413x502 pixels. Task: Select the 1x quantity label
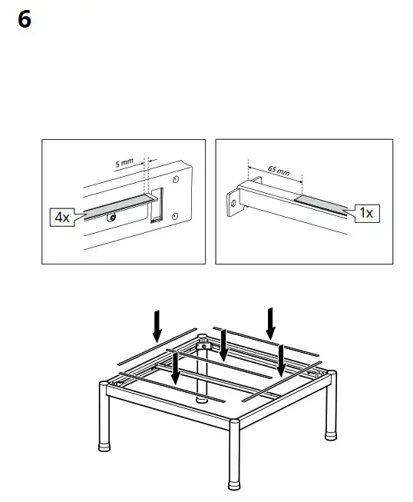point(367,213)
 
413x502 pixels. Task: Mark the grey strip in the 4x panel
point(115,205)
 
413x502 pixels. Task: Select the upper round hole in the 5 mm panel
point(176,179)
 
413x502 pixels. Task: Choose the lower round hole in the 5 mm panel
point(176,214)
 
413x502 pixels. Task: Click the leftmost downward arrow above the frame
point(157,325)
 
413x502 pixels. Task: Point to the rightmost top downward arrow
point(271,321)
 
